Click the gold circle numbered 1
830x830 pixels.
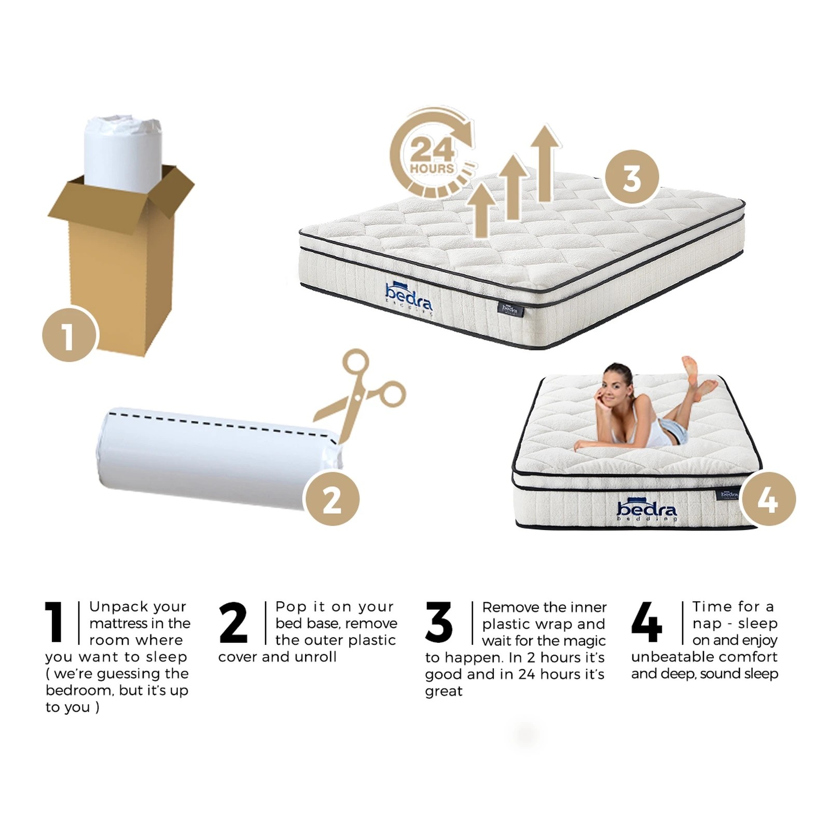coord(70,335)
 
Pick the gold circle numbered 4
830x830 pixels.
coord(767,499)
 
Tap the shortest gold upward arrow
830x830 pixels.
coord(482,210)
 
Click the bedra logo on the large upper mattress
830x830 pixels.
coord(409,297)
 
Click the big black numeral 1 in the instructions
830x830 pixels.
coord(54,622)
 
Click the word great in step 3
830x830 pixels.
coord(444,691)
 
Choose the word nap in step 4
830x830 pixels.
coord(707,623)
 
